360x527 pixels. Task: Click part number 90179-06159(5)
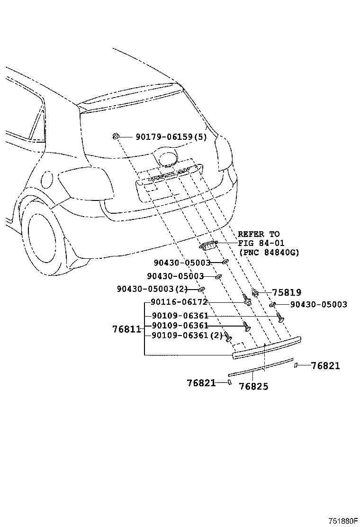171,137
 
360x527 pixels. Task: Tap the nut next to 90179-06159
115,136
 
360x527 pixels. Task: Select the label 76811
126,329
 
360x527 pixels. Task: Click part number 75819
287,292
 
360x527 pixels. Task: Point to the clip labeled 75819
255,293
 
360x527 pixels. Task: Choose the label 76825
253,387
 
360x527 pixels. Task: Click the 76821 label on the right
325,366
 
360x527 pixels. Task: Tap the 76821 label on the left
201,383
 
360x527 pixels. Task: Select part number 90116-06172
179,302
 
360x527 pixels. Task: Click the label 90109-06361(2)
187,335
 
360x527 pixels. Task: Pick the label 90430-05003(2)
152,289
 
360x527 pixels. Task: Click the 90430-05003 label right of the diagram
319,305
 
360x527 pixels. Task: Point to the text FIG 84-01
261,243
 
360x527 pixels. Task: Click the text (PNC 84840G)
268,252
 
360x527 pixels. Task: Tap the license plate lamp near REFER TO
208,246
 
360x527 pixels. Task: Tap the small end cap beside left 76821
230,382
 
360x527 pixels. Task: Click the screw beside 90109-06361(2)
228,336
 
